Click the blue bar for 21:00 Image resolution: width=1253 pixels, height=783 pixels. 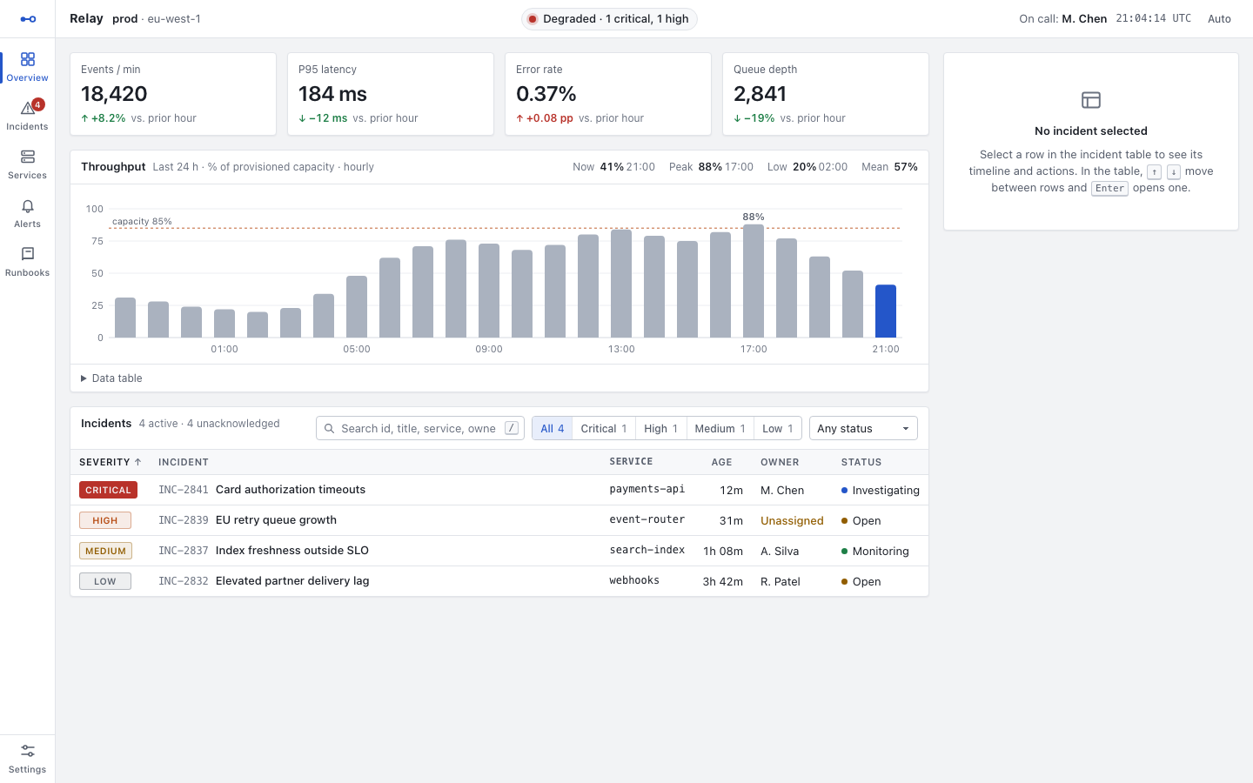coord(886,311)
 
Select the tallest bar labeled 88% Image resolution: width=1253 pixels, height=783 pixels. coord(753,281)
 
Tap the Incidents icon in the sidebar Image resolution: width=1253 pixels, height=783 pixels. coord(28,108)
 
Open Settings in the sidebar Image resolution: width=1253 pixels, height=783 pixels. coord(28,759)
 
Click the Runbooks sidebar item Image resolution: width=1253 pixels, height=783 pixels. coord(28,262)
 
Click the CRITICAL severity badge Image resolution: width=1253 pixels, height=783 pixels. coord(108,490)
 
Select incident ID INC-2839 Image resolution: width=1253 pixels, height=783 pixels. coord(183,520)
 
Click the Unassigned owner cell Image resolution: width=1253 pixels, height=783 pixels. coord(792,520)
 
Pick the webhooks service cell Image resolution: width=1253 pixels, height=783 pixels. coord(634,580)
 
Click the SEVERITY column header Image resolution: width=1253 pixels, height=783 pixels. coord(111,462)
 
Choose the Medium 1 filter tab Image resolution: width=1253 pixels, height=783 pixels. coord(720,428)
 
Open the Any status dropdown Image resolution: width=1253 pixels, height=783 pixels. coord(863,428)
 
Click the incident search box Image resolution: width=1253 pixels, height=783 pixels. coord(419,428)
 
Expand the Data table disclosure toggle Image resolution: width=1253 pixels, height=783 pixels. coord(111,378)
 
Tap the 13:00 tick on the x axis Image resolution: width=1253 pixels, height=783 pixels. coord(621,349)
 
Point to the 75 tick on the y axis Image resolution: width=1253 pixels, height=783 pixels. coord(97,241)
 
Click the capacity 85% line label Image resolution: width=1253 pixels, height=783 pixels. coord(142,222)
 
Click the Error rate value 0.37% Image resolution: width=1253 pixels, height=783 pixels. coord(546,94)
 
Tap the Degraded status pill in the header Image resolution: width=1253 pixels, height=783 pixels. coord(609,19)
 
